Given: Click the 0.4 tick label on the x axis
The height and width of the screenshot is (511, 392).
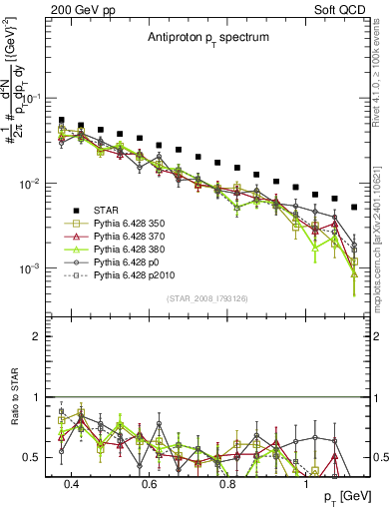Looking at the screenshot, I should pos(71,484).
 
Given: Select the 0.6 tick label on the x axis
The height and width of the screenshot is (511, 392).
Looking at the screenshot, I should pos(149,484).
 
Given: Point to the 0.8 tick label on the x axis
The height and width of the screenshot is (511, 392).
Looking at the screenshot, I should pos(227,484).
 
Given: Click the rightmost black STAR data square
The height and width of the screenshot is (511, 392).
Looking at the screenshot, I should pos(354,208).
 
